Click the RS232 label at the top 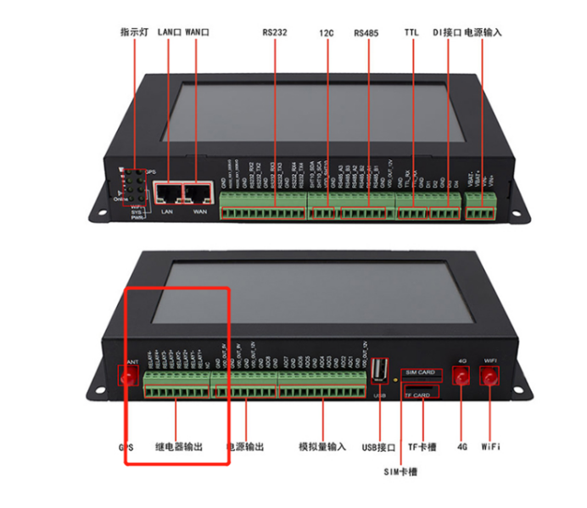pyautogui.click(x=275, y=33)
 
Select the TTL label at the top pyautogui.click(x=413, y=33)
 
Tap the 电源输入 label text pyautogui.click(x=484, y=33)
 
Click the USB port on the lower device pyautogui.click(x=379, y=372)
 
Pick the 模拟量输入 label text pyautogui.click(x=322, y=446)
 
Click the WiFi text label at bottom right pyautogui.click(x=491, y=446)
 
